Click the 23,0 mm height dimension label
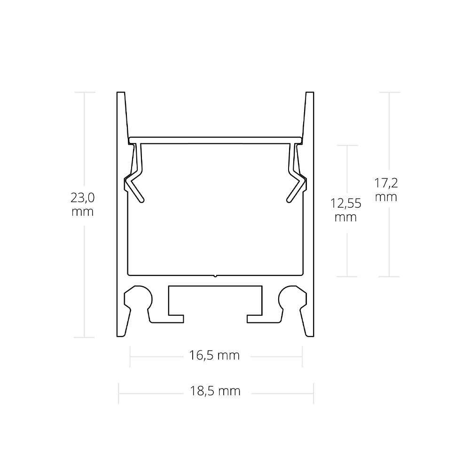tap(82, 205)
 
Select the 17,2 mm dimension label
tap(386, 190)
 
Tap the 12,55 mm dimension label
tap(345, 210)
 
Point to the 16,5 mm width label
tap(214, 355)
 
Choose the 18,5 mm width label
tap(215, 391)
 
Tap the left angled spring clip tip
tap(142, 200)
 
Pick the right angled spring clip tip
tap(289, 200)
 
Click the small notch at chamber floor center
tap(215, 275)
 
